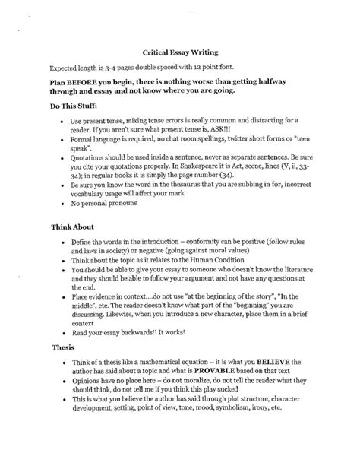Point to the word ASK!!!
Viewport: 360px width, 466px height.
click(248, 132)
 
